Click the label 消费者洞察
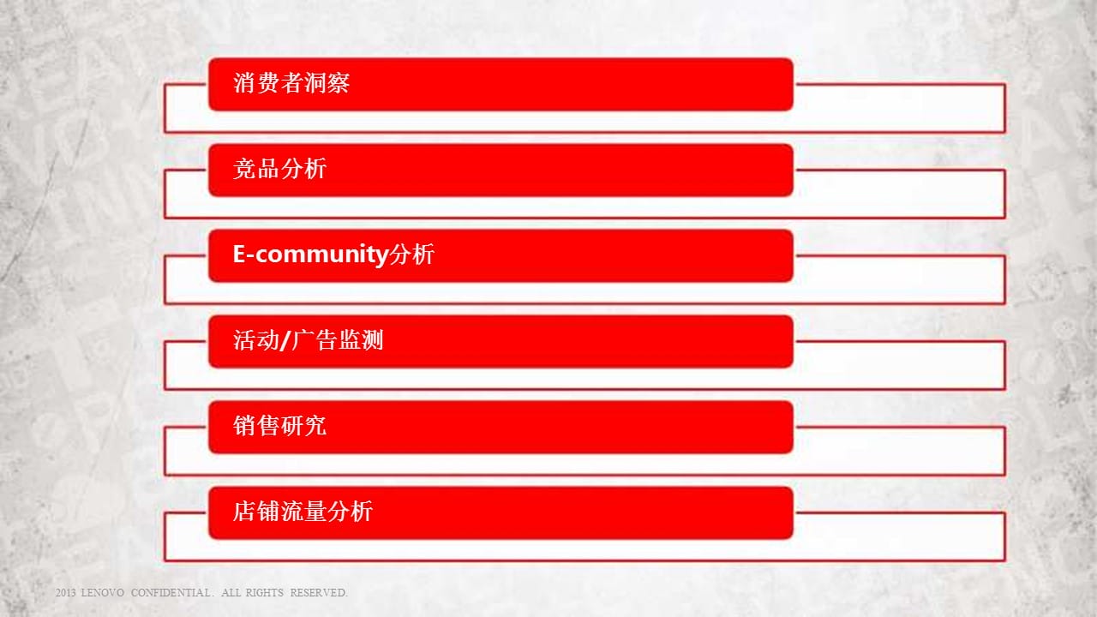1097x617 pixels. click(291, 83)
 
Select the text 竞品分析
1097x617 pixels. click(279, 169)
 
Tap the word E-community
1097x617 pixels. click(310, 255)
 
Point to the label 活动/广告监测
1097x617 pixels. click(308, 340)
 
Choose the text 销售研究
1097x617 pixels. click(279, 426)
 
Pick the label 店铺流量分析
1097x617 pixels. click(303, 512)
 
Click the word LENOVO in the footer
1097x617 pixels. click(102, 592)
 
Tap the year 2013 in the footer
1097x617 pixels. click(65, 592)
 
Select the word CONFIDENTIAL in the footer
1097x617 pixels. click(171, 592)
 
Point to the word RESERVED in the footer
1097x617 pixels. click(318, 592)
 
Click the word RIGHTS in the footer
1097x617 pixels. click(265, 592)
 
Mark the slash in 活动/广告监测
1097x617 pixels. click(285, 340)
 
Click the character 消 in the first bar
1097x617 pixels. click(244, 83)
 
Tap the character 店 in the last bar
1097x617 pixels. click(244, 512)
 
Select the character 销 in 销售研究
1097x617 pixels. click(244, 426)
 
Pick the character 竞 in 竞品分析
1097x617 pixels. click(244, 169)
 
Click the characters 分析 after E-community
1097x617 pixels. click(412, 255)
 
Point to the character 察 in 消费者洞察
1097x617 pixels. click(339, 83)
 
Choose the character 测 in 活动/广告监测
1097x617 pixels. click(372, 340)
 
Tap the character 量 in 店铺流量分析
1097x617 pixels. click(315, 512)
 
